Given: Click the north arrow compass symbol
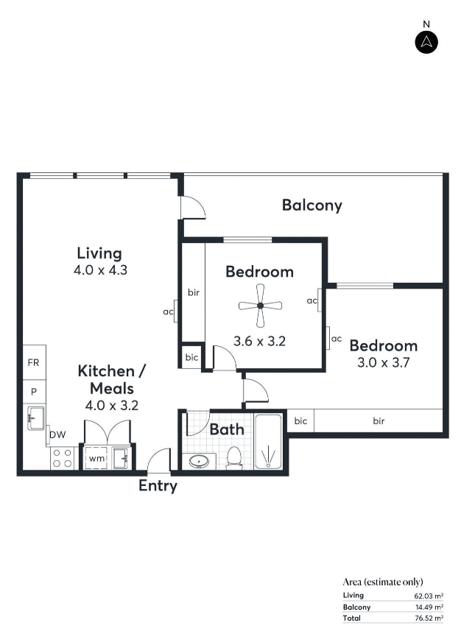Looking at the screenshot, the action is tap(426, 42).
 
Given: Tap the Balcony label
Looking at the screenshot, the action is tap(312, 205).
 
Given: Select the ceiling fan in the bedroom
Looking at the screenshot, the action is tap(260, 306).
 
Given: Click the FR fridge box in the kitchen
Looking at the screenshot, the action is tap(34, 362).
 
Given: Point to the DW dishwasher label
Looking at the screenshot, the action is tap(57, 434).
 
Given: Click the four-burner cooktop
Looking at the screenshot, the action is tap(63, 458).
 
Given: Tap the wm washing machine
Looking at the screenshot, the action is tap(96, 459).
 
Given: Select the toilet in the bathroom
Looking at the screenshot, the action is tap(234, 459).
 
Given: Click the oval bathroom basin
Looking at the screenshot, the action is tap(199, 462).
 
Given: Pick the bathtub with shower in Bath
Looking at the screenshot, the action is tap(268, 441).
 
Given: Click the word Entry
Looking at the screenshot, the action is tap(158, 485).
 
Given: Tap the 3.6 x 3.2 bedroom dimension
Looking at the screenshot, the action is tap(260, 341).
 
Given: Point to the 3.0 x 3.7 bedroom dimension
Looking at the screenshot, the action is tap(384, 362).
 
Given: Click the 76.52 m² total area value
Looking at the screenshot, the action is tap(429, 618).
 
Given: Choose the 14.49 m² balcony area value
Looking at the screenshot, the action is tap(429, 607).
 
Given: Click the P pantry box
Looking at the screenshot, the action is tap(34, 392).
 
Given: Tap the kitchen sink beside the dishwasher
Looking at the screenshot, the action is tap(35, 418).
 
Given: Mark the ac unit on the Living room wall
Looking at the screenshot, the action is tap(175, 311).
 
